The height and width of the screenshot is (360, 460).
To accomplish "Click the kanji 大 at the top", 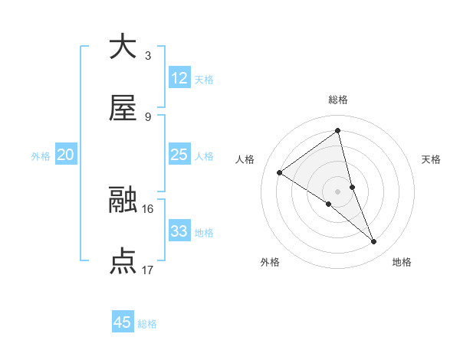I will pos(123,47).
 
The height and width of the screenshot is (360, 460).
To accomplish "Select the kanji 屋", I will pos(123,109).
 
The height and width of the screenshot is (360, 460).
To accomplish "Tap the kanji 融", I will pos(123,200).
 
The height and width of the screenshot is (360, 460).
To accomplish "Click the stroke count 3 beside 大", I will pos(147,55).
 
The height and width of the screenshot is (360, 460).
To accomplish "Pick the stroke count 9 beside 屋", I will pos(147,116).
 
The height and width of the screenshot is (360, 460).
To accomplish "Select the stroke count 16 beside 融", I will pos(148,208).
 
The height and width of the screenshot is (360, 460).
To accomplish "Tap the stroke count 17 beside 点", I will pos(148,270).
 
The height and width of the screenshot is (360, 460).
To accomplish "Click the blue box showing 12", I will pos(179,78).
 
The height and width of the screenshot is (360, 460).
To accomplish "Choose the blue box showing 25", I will pos(179,155).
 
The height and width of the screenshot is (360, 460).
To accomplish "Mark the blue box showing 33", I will pos(179,231).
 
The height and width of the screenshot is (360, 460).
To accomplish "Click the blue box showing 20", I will pos(66,155).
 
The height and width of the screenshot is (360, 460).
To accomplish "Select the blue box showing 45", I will pos(123,322).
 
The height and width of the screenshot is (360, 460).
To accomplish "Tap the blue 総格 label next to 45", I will pos(147,324).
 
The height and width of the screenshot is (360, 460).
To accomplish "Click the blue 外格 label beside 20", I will pos(41,156).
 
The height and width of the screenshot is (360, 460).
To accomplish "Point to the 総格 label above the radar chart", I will pos(338,100).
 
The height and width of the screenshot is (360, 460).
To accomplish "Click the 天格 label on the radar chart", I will pos(432,159).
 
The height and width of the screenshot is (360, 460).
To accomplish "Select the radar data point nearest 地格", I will pos(374,242).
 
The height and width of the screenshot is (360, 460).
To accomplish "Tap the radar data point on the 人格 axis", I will pos(280,172).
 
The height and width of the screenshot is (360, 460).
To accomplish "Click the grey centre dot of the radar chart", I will pos(338,191).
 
